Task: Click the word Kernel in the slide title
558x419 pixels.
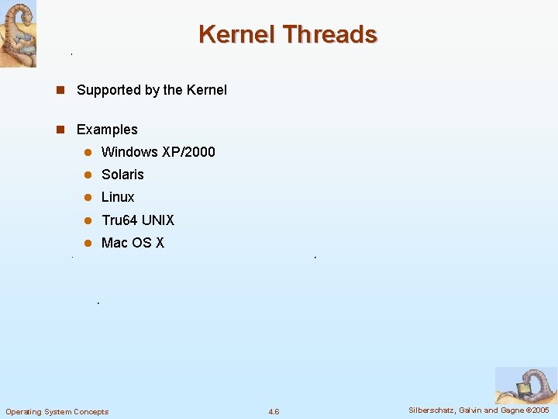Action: point(237,35)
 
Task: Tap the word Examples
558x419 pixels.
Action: point(107,130)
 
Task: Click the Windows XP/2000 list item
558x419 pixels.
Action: point(158,152)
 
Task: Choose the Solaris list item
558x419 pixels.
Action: point(122,175)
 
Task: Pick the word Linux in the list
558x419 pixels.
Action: point(118,197)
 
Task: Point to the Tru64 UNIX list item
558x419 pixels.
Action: point(138,220)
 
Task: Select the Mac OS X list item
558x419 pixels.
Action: point(133,243)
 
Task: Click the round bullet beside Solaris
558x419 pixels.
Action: point(88,175)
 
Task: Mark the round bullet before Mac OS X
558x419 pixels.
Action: point(88,243)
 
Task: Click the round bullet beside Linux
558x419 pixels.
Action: point(88,197)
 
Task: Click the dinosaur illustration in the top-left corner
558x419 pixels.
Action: point(18,33)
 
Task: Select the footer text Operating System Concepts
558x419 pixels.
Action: point(57,411)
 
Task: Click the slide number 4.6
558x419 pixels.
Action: point(274,411)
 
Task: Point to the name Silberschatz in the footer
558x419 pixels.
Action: point(432,410)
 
